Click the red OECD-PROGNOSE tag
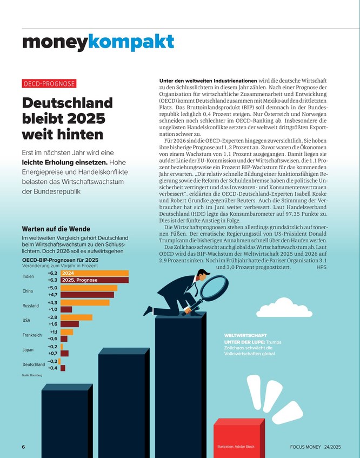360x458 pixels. coord(49,83)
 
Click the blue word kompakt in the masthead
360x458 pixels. coord(131,42)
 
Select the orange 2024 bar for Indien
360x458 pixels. coord(95,273)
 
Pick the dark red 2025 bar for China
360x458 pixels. coord(88,295)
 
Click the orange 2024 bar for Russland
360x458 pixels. coord(85,303)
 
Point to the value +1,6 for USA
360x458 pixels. coord(52,324)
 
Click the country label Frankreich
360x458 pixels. coord(32,335)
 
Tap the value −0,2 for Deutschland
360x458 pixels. coord(52,361)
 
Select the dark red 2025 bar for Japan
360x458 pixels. coord(64,354)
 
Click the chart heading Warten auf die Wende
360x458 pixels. coord(56,229)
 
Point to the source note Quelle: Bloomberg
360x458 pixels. coord(32,375)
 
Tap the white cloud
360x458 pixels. coord(284,308)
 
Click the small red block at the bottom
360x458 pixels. coord(239,438)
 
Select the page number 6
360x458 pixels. coord(23,447)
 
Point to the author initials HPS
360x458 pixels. coord(322,267)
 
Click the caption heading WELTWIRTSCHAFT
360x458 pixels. coord(245,335)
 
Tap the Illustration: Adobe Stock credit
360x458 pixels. coord(236,447)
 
